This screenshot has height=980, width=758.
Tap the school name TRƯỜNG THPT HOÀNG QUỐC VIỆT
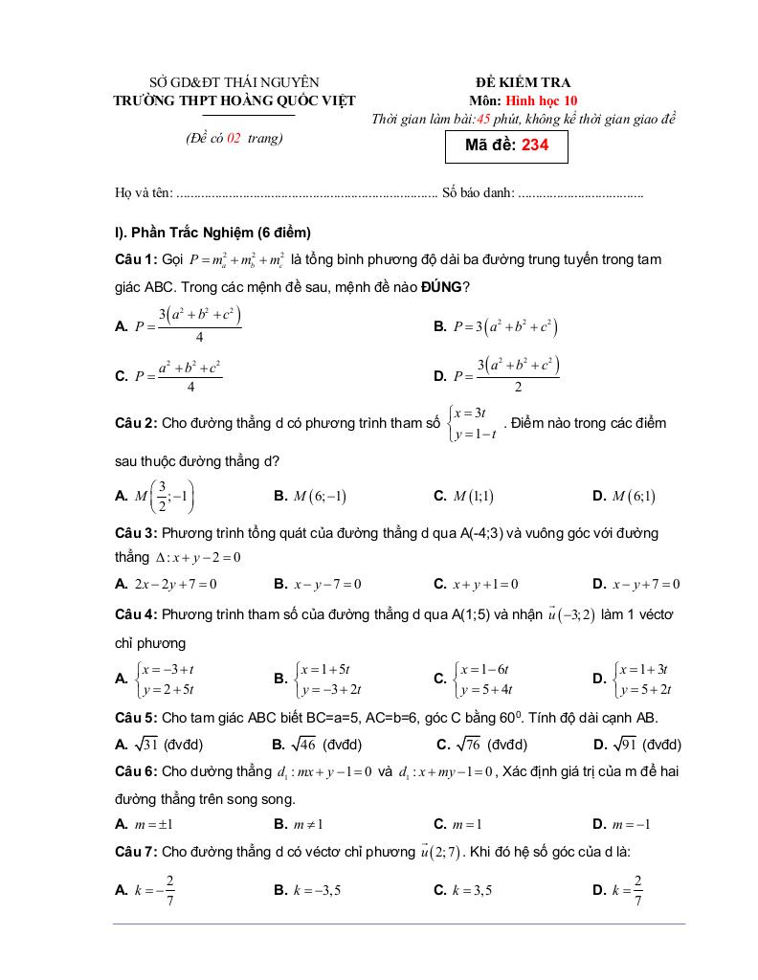click(234, 100)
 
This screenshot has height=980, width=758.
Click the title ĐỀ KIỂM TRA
click(523, 83)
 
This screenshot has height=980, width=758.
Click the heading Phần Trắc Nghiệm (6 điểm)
click(219, 233)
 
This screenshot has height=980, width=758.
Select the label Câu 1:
click(136, 259)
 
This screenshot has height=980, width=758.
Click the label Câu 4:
click(136, 612)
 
